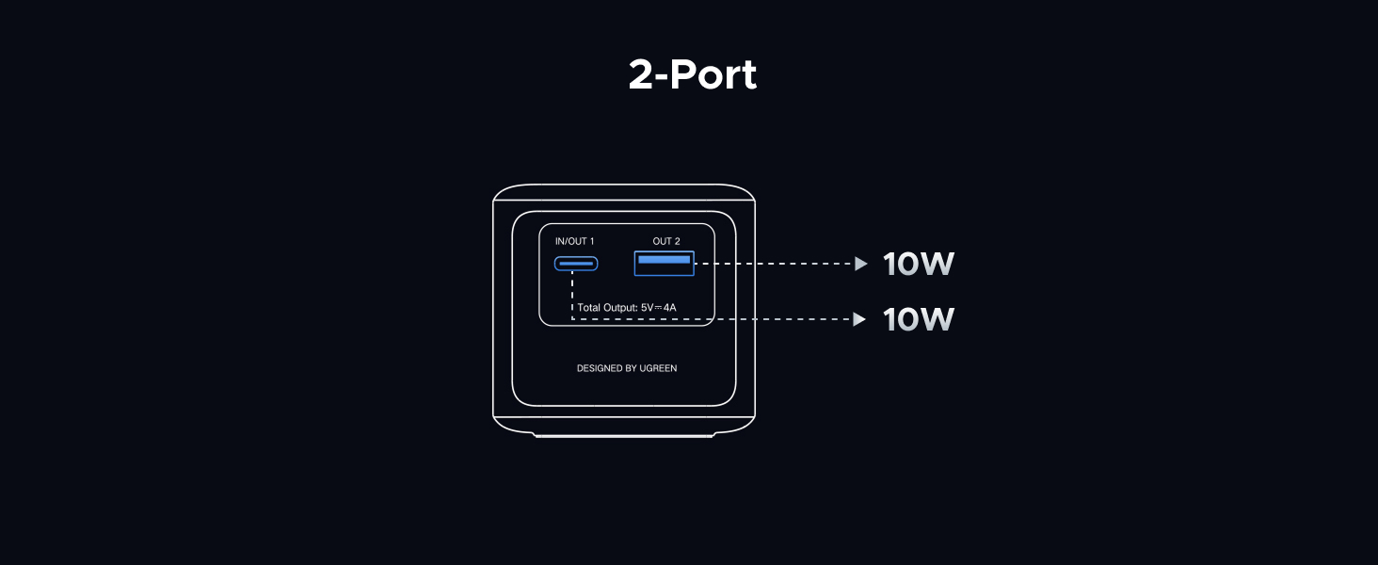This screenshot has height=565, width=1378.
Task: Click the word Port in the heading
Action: pos(714,75)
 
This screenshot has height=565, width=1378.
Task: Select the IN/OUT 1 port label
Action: pos(574,242)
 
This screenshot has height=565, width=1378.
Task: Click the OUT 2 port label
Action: pos(665,242)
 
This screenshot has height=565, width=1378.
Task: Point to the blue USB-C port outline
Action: pos(575,264)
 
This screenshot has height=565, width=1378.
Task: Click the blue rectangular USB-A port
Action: pos(664,263)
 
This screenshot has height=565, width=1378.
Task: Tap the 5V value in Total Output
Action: pos(648,308)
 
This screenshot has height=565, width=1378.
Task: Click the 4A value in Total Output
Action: pos(669,308)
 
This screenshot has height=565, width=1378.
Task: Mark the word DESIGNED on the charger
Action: pos(600,368)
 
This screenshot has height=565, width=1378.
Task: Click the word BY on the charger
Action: pos(632,368)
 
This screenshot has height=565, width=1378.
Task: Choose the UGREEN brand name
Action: pos(659,368)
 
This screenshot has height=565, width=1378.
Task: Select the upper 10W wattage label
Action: pos(918,265)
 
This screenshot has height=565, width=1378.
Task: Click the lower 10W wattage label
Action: pos(918,320)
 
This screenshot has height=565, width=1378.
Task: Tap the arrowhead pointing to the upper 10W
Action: pos(860,265)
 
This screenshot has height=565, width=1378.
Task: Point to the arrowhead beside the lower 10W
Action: pos(860,320)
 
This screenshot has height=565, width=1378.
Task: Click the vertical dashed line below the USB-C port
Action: pos(572,294)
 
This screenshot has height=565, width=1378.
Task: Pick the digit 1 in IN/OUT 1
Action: pos(591,242)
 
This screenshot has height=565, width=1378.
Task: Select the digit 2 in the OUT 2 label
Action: pos(677,242)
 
